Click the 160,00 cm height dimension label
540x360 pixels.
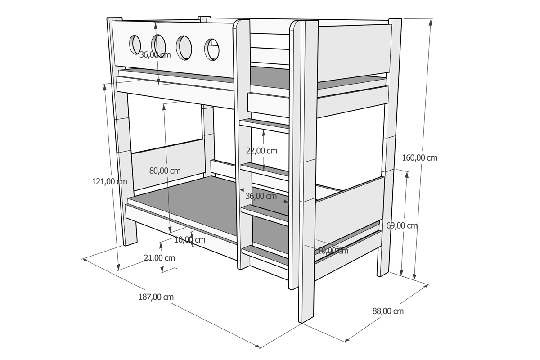[419, 158]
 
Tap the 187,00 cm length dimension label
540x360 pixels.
[156, 297]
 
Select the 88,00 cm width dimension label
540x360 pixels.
[388, 311]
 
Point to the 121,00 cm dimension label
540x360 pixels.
[109, 181]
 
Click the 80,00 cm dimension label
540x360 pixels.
[165, 171]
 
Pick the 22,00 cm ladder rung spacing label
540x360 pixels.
[261, 151]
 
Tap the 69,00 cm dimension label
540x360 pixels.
[402, 226]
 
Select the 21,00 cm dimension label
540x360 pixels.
[159, 258]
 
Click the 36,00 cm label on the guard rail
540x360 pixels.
[155, 55]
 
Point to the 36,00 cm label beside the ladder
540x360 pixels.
[261, 196]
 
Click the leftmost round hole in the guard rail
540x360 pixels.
[135, 45]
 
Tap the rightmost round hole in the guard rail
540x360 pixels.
[212, 49]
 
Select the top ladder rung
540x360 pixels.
[264, 126]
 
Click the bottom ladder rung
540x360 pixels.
[265, 255]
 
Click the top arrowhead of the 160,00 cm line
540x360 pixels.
[431, 22]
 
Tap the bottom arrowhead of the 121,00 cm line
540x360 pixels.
[118, 267]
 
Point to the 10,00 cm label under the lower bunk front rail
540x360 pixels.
[190, 240]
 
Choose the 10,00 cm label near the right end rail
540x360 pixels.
[333, 251]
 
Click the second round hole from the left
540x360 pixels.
[158, 46]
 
